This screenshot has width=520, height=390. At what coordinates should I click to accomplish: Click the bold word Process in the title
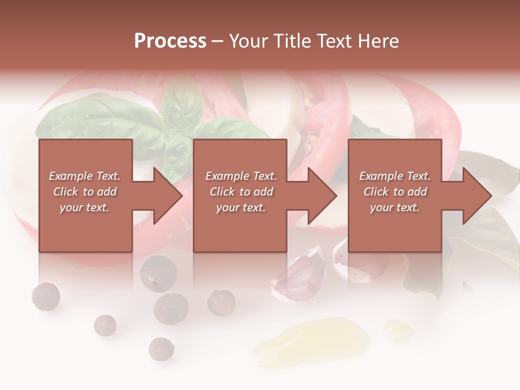170,41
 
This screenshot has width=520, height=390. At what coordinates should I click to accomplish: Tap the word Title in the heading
292,41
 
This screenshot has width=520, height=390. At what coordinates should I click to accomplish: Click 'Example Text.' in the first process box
85,176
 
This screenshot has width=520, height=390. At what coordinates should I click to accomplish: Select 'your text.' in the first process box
84,207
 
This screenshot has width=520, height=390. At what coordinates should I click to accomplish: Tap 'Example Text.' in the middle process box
241,176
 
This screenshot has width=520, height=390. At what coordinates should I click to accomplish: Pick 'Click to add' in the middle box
241,192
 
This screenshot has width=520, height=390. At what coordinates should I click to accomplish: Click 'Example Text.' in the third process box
395,176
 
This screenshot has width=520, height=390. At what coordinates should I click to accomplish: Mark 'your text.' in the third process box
395,207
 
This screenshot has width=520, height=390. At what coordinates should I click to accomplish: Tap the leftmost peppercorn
45,297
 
